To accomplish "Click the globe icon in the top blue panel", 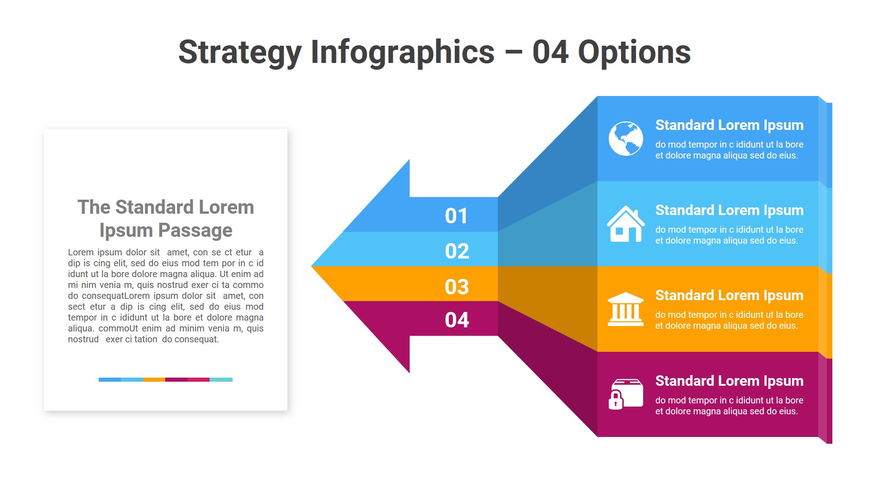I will tap(625, 139).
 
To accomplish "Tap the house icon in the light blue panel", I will tap(625, 224).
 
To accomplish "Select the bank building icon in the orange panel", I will tap(625, 309).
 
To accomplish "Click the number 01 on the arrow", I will tap(456, 216).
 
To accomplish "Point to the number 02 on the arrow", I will tap(457, 251).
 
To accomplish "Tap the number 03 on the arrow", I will tap(457, 287).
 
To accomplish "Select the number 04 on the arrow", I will tap(457, 320).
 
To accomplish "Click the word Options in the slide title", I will tap(634, 53).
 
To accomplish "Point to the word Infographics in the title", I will tap(402, 53).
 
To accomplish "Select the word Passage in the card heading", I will tap(195, 230).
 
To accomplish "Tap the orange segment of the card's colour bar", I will tap(154, 379).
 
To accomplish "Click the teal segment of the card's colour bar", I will tap(221, 379).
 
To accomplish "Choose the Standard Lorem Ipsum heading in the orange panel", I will tap(729, 296).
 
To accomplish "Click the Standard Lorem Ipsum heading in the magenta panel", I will tap(729, 381).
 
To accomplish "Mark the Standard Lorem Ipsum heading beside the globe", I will tap(729, 125).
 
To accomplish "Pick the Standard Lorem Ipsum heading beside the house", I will tap(729, 211).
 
